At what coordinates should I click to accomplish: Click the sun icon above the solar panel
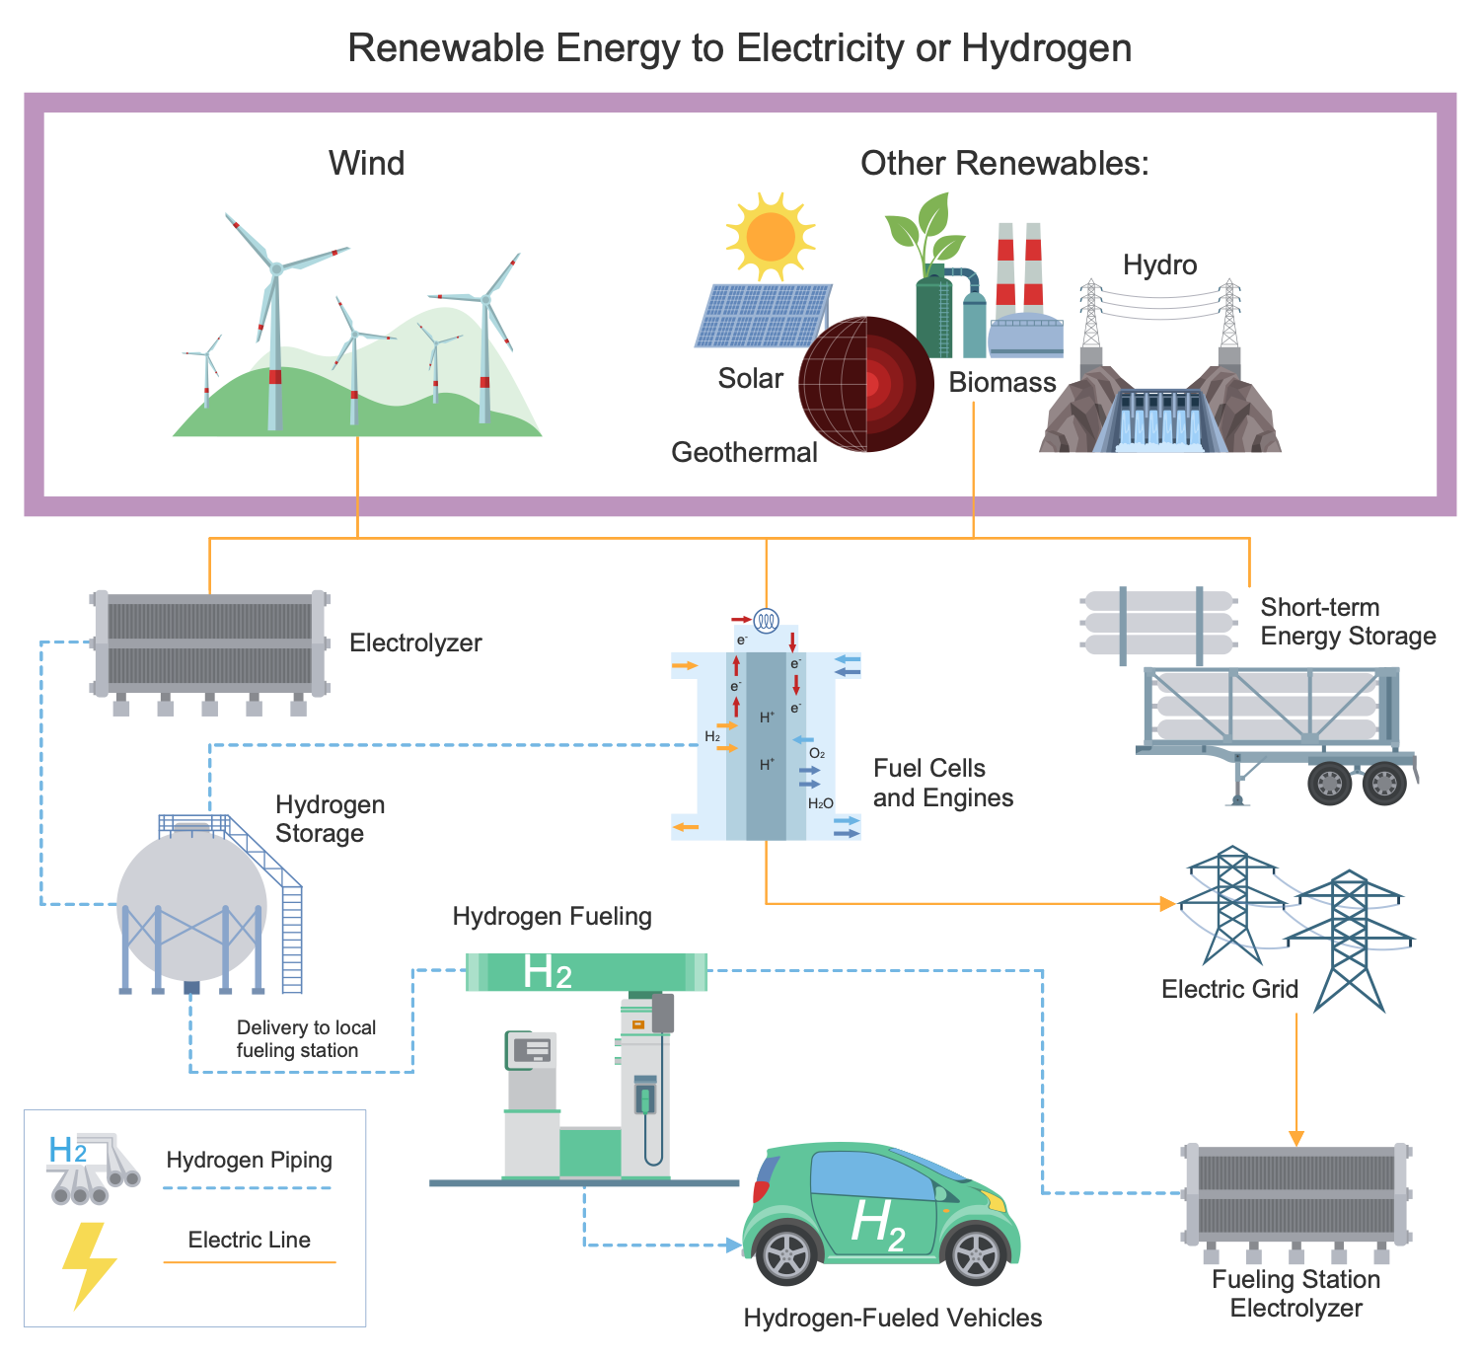[771, 236]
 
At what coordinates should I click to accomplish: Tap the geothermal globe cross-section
[866, 384]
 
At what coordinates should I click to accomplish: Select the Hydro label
[1159, 264]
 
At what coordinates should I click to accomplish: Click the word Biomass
[1002, 382]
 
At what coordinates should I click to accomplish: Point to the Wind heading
[366, 163]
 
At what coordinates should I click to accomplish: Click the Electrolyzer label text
[415, 642]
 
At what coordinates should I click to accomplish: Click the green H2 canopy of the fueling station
[586, 972]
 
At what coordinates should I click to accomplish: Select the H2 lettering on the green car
[877, 1224]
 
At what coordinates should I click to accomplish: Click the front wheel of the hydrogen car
[976, 1253]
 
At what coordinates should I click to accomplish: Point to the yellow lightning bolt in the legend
[89, 1264]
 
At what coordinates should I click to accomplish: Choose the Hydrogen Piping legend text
[249, 1160]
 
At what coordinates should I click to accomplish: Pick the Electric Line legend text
[249, 1240]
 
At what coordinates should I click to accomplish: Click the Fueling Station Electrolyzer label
[1295, 1294]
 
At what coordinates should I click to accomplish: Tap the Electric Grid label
[1229, 989]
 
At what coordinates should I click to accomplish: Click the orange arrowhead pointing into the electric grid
[1168, 903]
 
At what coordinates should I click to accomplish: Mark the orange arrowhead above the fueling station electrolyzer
[1296, 1138]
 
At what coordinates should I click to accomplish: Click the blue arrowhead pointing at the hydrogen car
[733, 1246]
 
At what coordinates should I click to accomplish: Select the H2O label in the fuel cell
[820, 803]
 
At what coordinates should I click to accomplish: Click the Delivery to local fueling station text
[306, 1039]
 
